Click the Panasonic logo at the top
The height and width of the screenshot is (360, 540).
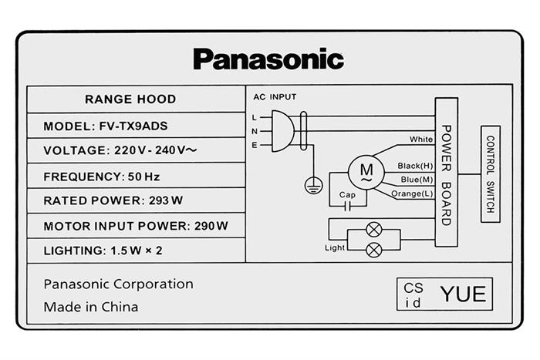click(268, 59)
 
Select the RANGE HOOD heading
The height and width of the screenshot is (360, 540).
click(130, 99)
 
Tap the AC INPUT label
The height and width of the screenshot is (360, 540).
click(275, 96)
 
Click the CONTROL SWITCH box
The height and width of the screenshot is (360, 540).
click(491, 174)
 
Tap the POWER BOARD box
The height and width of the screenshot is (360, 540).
click(446, 173)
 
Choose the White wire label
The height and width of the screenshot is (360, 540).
click(421, 140)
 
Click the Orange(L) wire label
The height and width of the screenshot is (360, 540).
click(412, 193)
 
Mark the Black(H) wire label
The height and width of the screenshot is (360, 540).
click(415, 166)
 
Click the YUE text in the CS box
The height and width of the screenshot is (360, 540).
click(463, 294)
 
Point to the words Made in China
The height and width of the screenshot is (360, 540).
click(91, 307)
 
